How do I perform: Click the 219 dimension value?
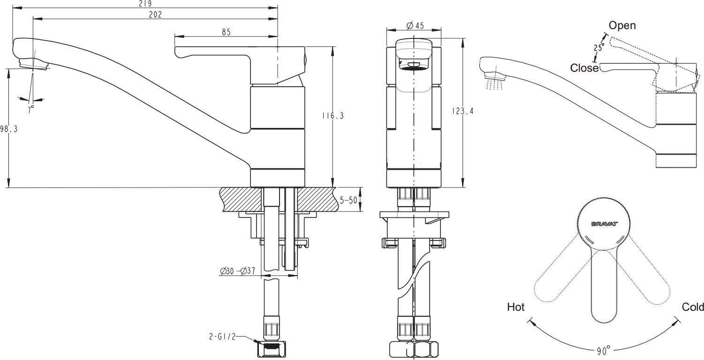tap(145, 4)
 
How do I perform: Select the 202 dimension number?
tap(155, 15)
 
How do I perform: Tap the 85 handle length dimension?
tap(226, 32)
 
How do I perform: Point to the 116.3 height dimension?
tap(333, 116)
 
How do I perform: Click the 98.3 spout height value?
tap(9, 129)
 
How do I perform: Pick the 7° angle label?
tap(30, 109)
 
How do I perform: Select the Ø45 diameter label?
tap(415, 25)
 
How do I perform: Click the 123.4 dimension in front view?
tap(462, 111)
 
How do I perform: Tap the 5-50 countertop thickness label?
tap(348, 200)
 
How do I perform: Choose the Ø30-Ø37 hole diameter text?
tap(238, 271)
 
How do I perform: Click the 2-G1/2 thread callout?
tap(222, 337)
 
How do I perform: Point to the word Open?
tap(622, 25)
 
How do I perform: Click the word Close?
tap(584, 68)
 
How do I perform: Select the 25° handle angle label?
tap(599, 47)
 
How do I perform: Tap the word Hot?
tap(516, 307)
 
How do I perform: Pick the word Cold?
tap(693, 307)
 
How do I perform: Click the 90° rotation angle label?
tap(604, 351)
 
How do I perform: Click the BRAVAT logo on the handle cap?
tap(605, 224)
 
